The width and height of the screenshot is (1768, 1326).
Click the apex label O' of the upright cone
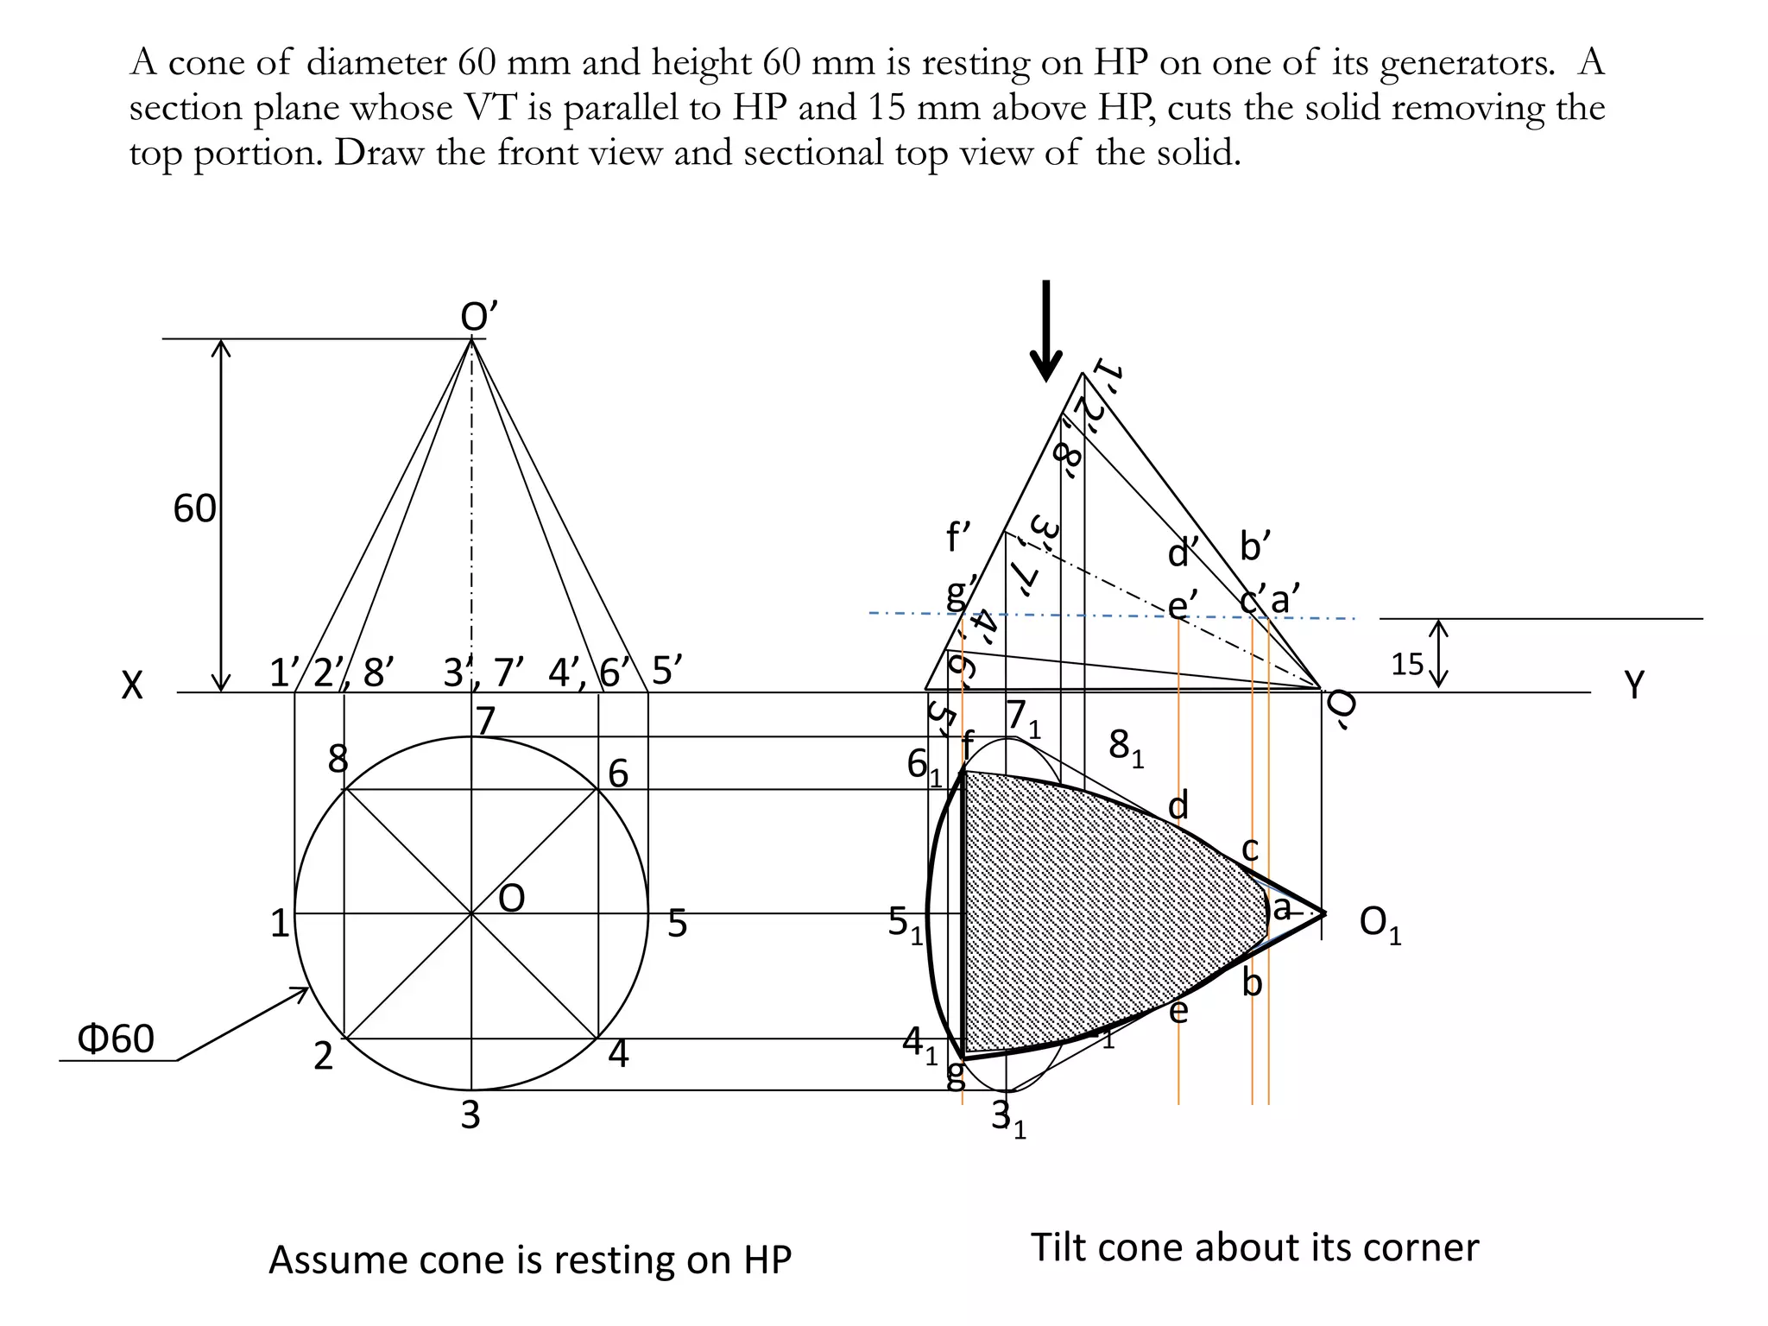click(479, 318)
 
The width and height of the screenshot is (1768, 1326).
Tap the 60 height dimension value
click(194, 509)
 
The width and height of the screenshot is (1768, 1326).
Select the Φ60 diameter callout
click(116, 1039)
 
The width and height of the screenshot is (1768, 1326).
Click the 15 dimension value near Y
click(1406, 664)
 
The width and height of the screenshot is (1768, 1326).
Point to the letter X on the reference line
click(131, 687)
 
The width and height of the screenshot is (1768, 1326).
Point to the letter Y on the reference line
click(1634, 685)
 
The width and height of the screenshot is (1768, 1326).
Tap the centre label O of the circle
click(511, 900)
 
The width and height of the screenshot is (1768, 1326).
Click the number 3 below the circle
click(470, 1115)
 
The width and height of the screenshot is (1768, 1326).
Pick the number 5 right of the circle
click(677, 924)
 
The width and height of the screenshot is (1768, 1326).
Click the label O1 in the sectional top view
click(1379, 924)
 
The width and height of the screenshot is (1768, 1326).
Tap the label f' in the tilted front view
click(958, 537)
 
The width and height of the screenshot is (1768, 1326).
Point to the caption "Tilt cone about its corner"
click(1254, 1247)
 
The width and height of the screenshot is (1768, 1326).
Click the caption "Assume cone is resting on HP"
click(529, 1260)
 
